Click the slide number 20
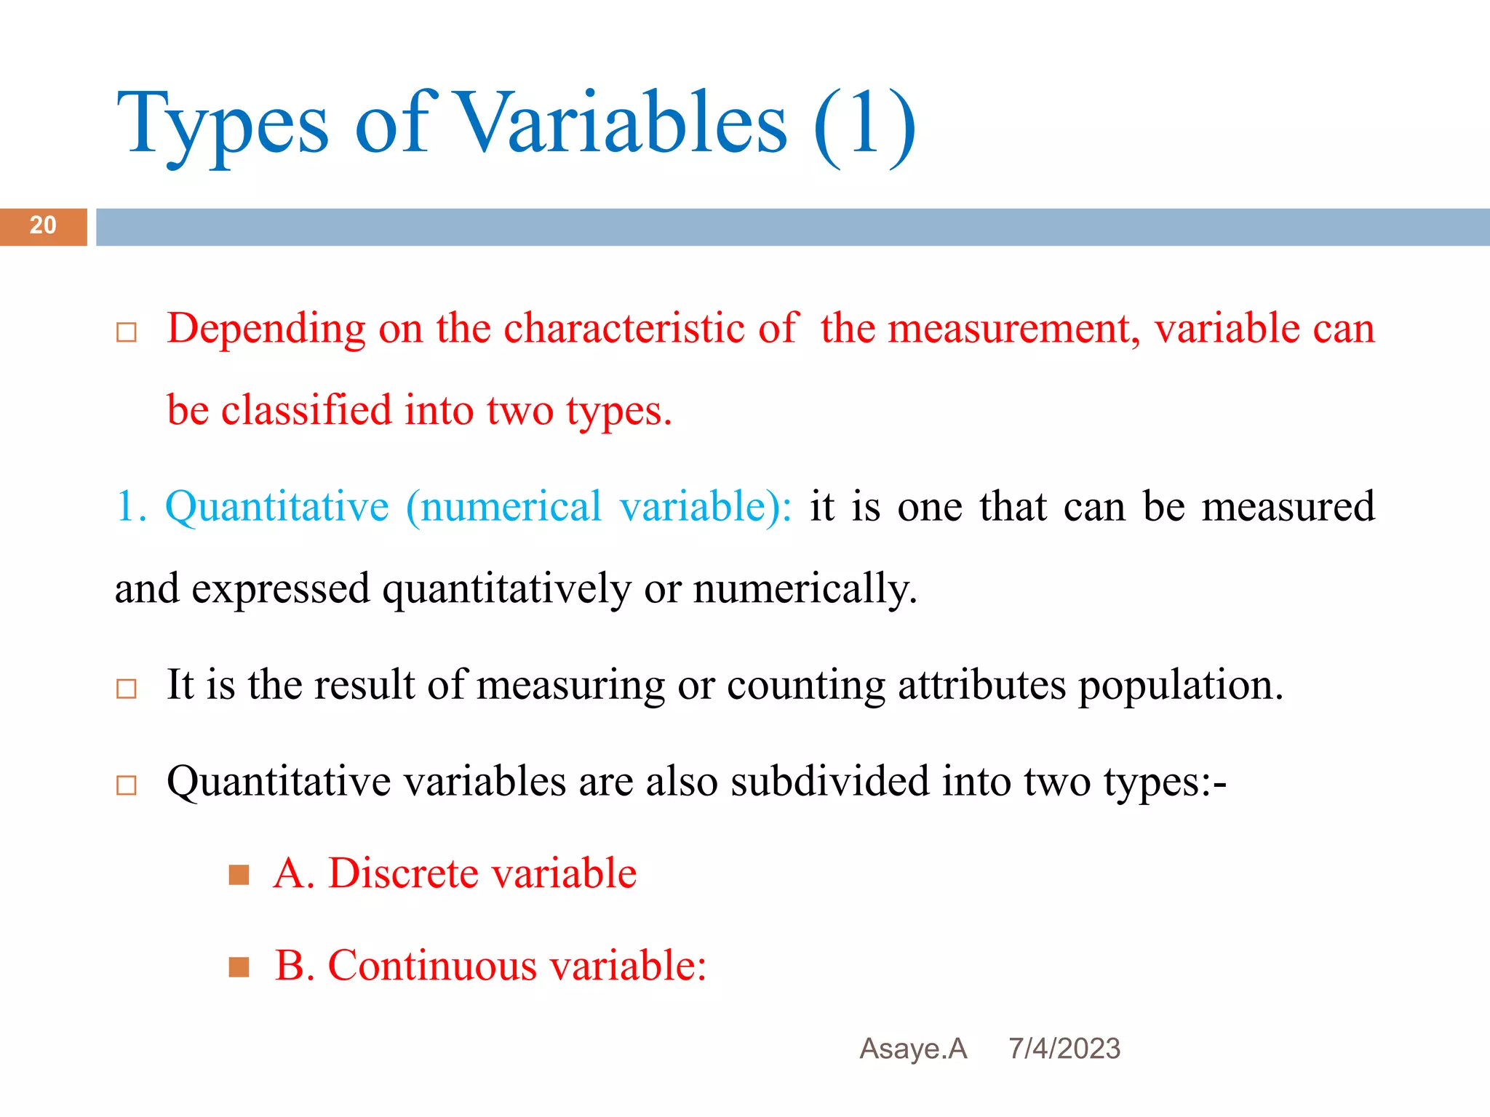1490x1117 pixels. [x=43, y=225]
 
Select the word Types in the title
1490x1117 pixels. [x=223, y=125]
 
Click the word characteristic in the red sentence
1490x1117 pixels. [x=624, y=328]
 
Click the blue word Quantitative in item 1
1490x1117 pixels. [x=277, y=507]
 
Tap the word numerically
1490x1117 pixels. [x=805, y=588]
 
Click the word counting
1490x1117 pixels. [x=805, y=686]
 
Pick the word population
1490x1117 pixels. [x=1180, y=686]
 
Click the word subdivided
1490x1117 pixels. [x=830, y=782]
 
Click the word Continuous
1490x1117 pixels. [x=432, y=966]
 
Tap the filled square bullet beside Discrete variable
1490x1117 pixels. [x=239, y=874]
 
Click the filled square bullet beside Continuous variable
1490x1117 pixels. [x=239, y=967]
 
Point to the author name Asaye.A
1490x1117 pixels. [x=913, y=1049]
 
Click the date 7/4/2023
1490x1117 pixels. [x=1064, y=1049]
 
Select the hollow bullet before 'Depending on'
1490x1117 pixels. [x=127, y=332]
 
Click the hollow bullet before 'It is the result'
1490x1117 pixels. [x=127, y=689]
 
